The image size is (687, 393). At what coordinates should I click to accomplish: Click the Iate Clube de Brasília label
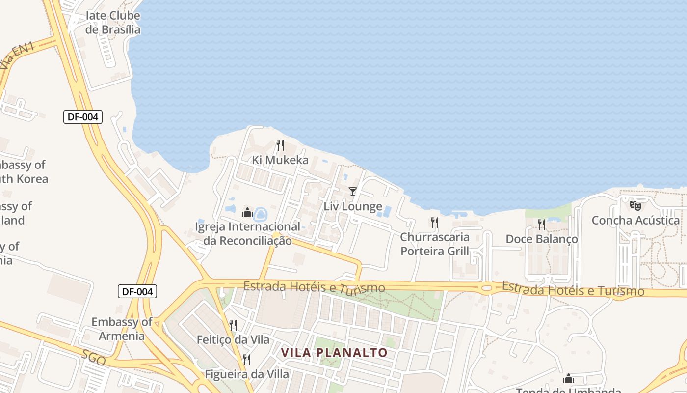pyautogui.click(x=113, y=23)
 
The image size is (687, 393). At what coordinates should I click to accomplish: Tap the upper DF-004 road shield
pyautogui.click(x=82, y=117)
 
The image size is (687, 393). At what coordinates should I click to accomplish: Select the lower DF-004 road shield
pyautogui.click(x=137, y=291)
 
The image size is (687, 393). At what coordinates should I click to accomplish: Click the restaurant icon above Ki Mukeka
pyautogui.click(x=280, y=145)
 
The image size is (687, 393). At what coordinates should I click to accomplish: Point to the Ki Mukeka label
pyautogui.click(x=280, y=160)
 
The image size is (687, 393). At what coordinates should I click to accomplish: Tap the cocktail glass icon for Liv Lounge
pyautogui.click(x=352, y=191)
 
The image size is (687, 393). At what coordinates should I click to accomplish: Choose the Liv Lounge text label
pyautogui.click(x=353, y=206)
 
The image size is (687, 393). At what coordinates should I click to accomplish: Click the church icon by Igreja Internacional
pyautogui.click(x=247, y=213)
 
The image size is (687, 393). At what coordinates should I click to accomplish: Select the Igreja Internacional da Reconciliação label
pyautogui.click(x=248, y=234)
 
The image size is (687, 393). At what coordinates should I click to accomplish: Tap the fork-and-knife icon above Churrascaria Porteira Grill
pyautogui.click(x=434, y=223)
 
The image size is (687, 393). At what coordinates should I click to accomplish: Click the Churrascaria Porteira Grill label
pyautogui.click(x=435, y=244)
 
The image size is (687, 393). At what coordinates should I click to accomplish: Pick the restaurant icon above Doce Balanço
pyautogui.click(x=541, y=224)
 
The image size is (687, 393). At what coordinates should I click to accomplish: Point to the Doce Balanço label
pyautogui.click(x=542, y=239)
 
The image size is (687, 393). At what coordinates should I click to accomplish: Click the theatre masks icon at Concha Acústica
pyautogui.click(x=635, y=205)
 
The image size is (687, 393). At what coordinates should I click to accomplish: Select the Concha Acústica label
pyautogui.click(x=635, y=221)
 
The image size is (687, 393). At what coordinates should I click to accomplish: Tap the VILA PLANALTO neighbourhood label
pyautogui.click(x=334, y=353)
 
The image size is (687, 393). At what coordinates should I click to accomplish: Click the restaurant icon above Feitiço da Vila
pyautogui.click(x=233, y=325)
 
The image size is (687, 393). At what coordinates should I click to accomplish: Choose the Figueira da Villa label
pyautogui.click(x=247, y=374)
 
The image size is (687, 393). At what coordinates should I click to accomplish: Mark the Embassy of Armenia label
pyautogui.click(x=122, y=329)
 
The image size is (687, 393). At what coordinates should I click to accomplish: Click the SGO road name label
pyautogui.click(x=93, y=358)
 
